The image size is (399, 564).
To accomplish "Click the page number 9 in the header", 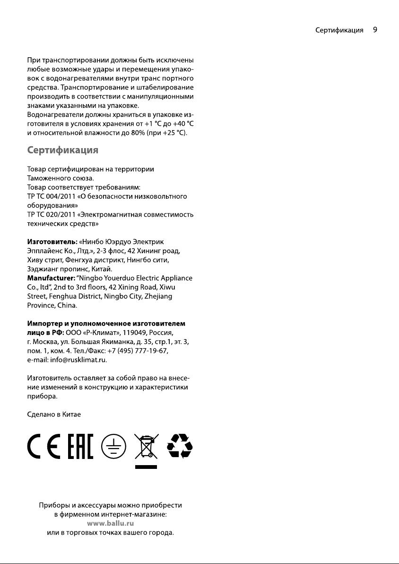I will [375, 30].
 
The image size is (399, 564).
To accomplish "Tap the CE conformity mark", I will [43, 447].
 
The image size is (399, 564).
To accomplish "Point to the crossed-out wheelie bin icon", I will [146, 447].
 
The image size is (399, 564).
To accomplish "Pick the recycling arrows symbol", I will [180, 446].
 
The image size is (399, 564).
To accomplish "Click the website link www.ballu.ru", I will [111, 523].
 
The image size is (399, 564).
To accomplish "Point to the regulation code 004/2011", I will [60, 196].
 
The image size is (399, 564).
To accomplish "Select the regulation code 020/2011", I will [60, 215].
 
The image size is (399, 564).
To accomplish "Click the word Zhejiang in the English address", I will [158, 296].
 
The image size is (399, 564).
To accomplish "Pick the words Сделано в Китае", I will [53, 414].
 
